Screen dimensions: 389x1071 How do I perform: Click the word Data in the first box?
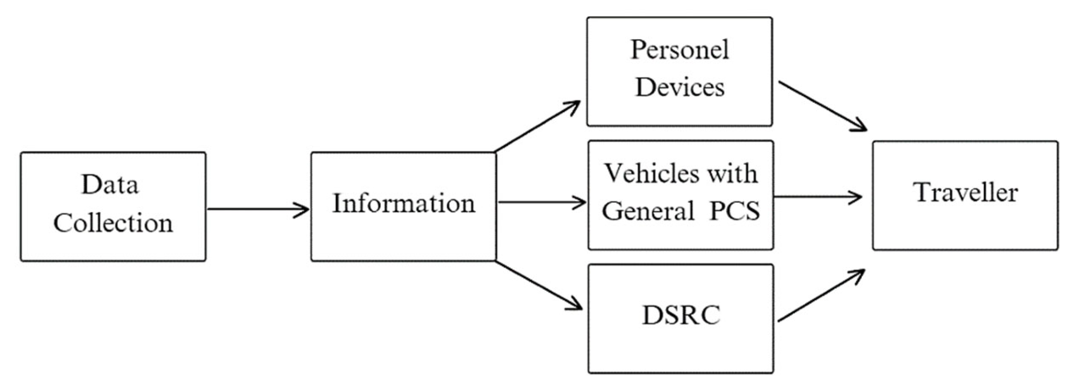click(110, 185)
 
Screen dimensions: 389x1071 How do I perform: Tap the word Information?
click(403, 204)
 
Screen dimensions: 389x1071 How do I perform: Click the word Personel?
click(679, 50)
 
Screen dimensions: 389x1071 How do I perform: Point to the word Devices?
click(680, 87)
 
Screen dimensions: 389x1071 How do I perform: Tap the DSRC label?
click(681, 315)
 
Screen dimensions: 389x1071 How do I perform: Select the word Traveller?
click(966, 193)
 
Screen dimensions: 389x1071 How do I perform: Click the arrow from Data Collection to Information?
click(258, 209)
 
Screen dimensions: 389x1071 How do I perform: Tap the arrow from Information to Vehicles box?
click(541, 202)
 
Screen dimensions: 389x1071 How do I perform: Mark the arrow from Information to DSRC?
click(538, 285)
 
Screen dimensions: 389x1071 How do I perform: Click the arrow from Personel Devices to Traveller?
click(822, 106)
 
